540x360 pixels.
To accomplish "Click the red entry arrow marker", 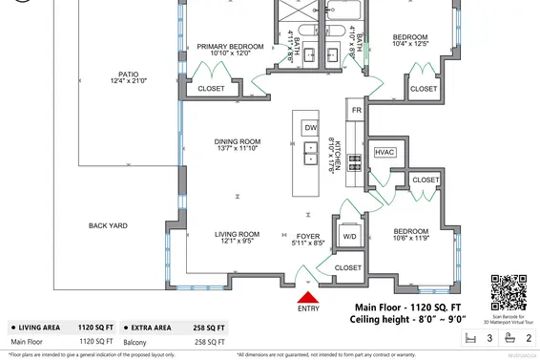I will [308, 287].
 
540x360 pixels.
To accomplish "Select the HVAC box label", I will [385, 152].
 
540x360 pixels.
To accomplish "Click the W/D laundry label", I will [350, 236].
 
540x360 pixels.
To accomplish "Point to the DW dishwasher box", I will [310, 127].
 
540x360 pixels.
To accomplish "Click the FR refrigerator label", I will [357, 111].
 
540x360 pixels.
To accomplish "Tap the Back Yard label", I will [109, 225].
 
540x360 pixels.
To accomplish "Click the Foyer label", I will [307, 237].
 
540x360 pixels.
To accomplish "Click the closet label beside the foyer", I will [348, 267].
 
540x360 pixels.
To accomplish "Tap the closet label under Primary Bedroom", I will [211, 89].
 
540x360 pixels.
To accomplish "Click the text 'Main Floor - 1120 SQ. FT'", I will [407, 307].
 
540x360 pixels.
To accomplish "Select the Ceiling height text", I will [407, 321].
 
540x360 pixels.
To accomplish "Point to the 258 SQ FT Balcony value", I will [208, 341].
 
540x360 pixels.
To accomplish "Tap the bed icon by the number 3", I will [468, 338].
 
